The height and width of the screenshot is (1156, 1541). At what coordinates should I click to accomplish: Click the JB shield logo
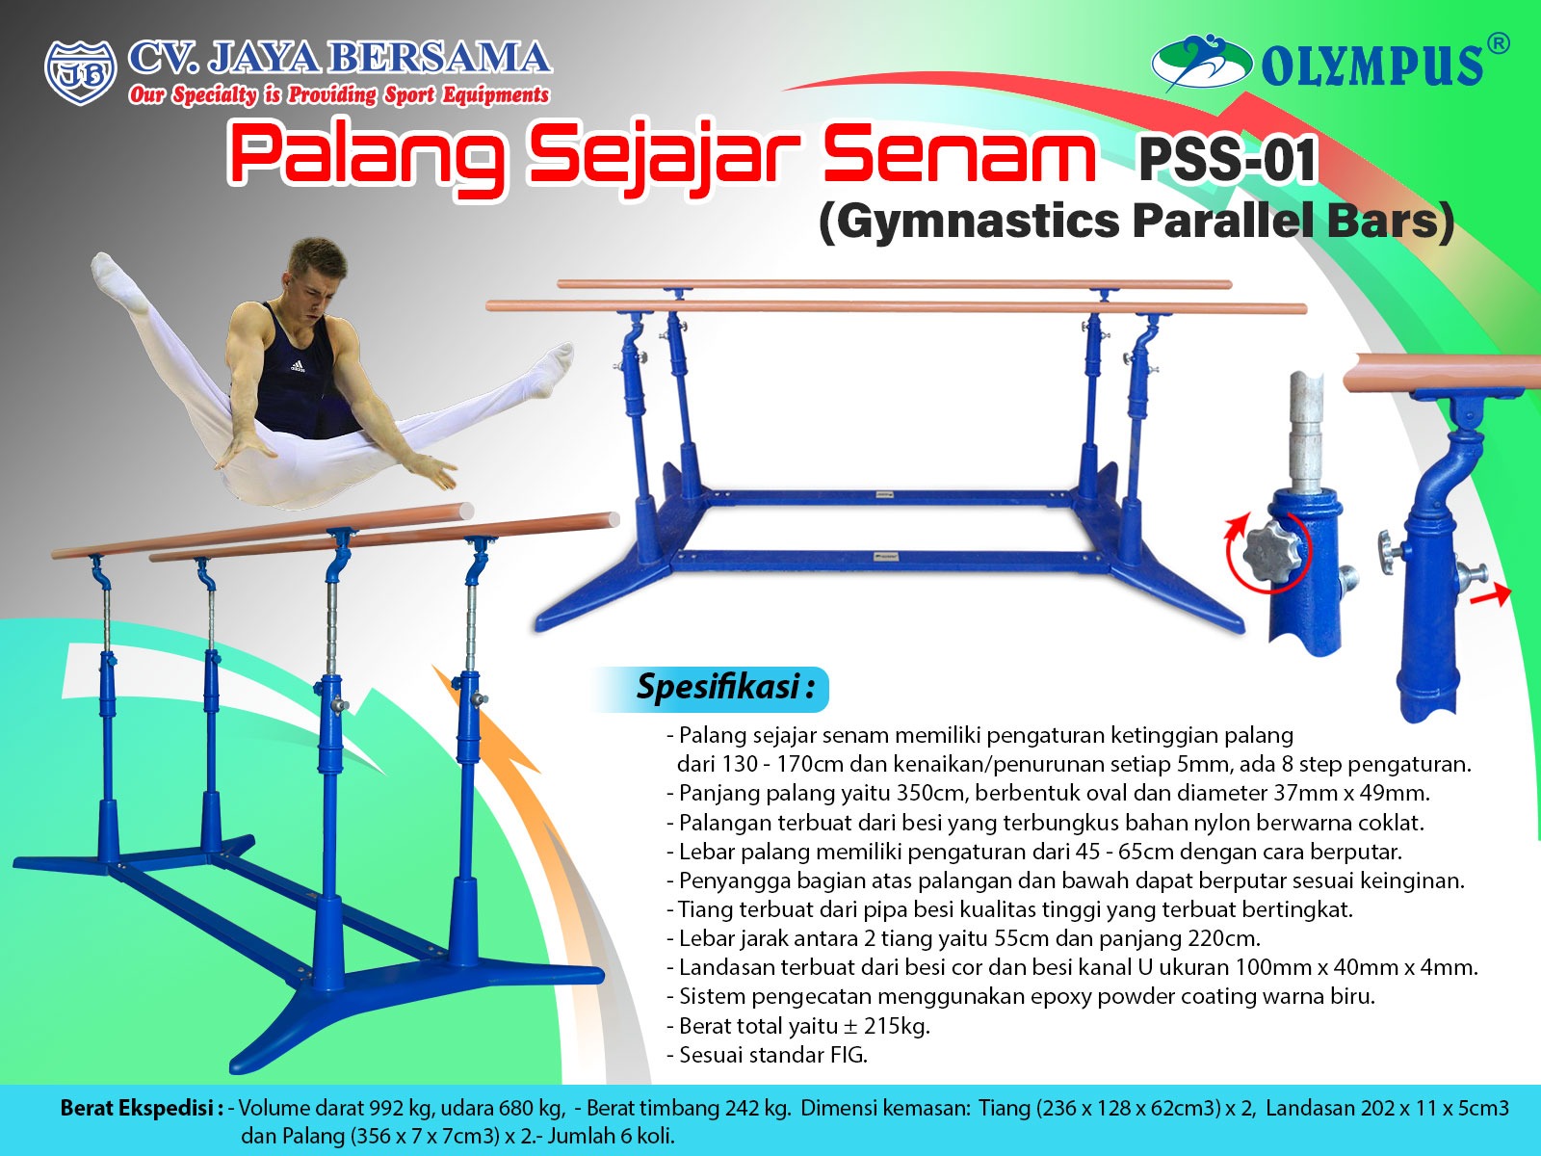tap(80, 73)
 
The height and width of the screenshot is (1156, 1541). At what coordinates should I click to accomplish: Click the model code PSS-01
tap(1227, 160)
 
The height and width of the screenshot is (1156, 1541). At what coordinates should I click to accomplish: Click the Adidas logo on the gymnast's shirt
tap(298, 366)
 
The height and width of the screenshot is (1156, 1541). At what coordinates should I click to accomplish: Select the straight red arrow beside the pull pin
tap(1491, 594)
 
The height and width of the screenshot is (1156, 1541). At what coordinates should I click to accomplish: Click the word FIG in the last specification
tap(847, 1056)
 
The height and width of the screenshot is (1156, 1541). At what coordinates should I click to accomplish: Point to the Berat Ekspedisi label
tap(142, 1108)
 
